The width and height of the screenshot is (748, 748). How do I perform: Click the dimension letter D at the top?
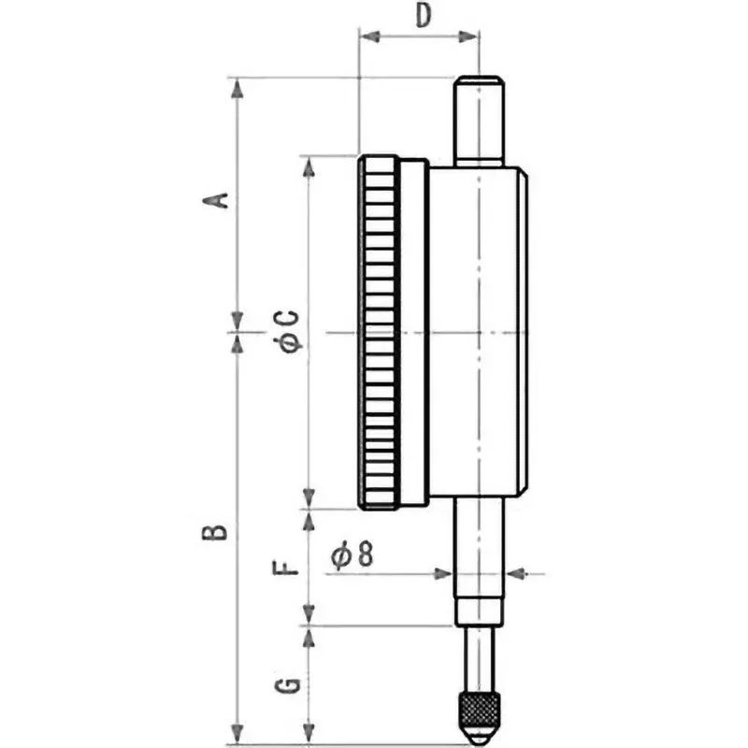423,17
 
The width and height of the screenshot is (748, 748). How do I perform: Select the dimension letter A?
217,200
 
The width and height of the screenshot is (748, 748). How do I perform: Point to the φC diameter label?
289,330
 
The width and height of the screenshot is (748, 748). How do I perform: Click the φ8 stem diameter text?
352,555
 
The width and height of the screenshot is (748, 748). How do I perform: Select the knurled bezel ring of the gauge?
379,332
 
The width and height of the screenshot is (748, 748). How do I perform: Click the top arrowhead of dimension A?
238,88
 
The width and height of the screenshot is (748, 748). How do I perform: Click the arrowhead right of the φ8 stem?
513,572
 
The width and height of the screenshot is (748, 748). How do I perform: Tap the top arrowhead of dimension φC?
308,165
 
